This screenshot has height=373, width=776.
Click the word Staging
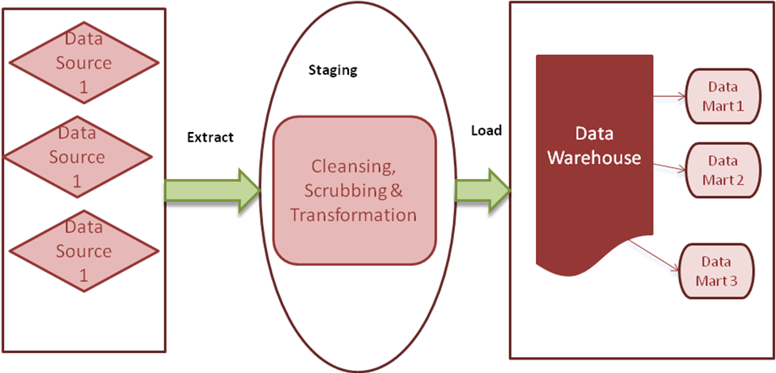(x=332, y=70)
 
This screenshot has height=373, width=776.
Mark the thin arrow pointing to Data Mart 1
(x=669, y=99)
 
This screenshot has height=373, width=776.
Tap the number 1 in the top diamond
(x=83, y=88)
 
